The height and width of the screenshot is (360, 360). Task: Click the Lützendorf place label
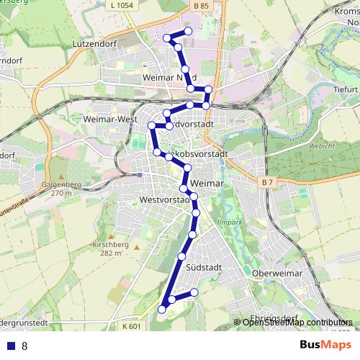94,43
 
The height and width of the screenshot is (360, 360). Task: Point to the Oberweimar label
280,274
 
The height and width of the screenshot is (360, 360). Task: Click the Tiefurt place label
345,90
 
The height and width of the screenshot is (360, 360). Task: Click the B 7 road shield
267,182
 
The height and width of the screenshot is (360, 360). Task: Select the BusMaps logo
325,345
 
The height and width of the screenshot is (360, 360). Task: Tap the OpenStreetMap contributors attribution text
297,323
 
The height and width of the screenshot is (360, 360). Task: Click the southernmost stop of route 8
162,309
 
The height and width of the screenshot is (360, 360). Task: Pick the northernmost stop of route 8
189,31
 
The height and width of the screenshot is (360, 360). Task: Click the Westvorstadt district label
166,199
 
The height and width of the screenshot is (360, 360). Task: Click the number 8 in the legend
24,346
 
